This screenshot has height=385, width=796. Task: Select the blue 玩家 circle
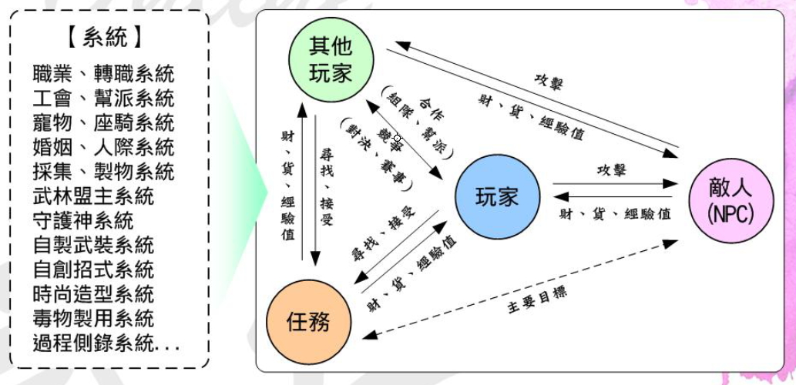498,197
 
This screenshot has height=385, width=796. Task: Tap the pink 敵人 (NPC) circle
731,201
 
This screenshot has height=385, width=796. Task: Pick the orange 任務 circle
309,320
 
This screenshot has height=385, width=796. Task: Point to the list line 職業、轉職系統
103,74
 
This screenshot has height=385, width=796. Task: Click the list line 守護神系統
82,221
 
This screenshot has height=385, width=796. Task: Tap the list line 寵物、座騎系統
103,123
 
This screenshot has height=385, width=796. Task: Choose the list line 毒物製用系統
93,319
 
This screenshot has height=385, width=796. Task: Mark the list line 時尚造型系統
93,294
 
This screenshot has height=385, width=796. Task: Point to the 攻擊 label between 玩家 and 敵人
611,170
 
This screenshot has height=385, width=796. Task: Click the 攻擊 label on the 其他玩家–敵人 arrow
549,81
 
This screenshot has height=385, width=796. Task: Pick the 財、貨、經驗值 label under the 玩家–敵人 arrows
613,214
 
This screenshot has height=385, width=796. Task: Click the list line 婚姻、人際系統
103,148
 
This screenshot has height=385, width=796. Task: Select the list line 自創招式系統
93,269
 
